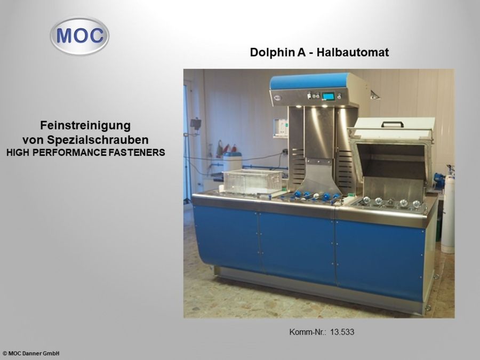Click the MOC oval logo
(x=79, y=36)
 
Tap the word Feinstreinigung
(x=85, y=126)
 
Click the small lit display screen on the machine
(x=328, y=97)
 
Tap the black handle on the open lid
(x=393, y=124)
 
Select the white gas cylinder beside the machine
(x=447, y=213)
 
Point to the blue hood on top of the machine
(x=309, y=81)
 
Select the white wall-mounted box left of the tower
(x=281, y=127)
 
